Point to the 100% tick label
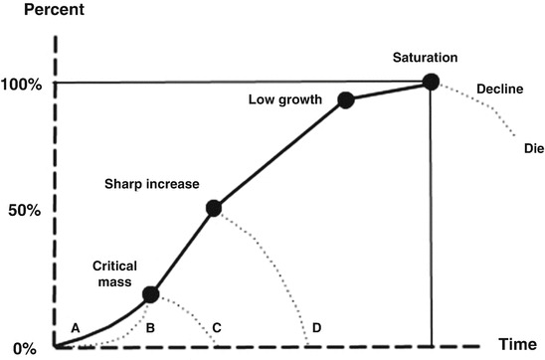[x=21, y=84]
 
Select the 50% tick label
[x=25, y=211]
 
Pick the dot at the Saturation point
[x=430, y=82]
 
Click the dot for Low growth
[x=346, y=99]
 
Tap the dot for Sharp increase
[x=213, y=208]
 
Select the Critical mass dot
[x=150, y=293]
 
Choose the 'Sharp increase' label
[x=152, y=184]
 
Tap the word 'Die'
[x=532, y=148]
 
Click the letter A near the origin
[x=74, y=327]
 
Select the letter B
[x=150, y=327]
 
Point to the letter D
[x=316, y=327]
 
